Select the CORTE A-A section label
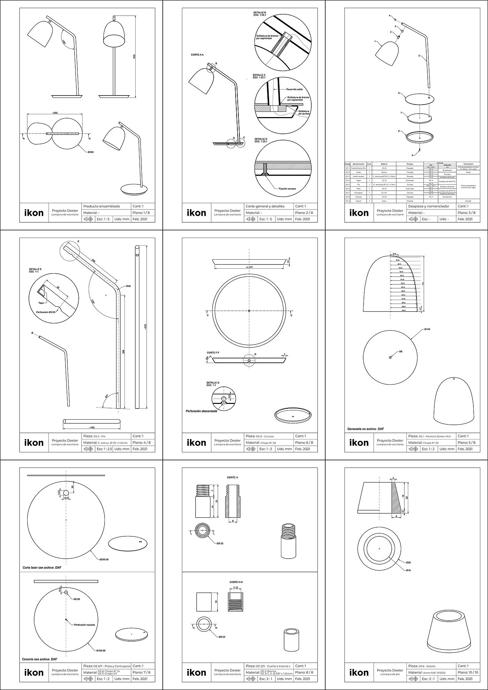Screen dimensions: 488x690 pyautogui.click(x=197, y=55)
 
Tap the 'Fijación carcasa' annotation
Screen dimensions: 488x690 pyautogui.click(x=287, y=189)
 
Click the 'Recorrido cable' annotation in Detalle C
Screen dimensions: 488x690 pyautogui.click(x=295, y=90)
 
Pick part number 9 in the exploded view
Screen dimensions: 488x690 pyautogui.click(x=412, y=155)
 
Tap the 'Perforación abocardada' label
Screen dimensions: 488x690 pyautogui.click(x=201, y=411)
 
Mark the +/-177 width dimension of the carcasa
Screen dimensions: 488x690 pyautogui.click(x=249, y=267)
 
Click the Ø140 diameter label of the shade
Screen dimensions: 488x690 pyautogui.click(x=428, y=329)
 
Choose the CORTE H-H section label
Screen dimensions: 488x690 pyautogui.click(x=236, y=582)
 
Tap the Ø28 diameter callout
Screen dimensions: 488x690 pyautogui.click(x=408, y=572)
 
